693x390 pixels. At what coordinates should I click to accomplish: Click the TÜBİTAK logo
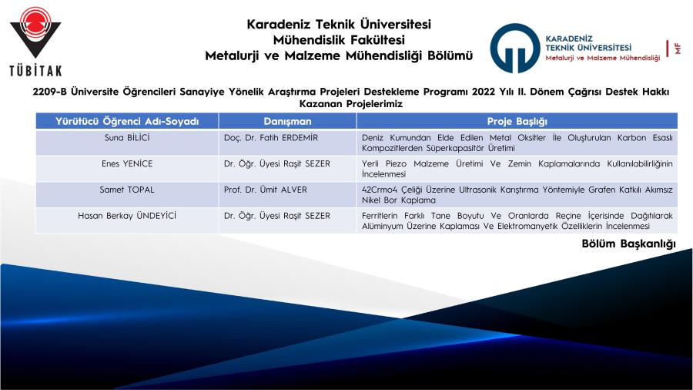35,41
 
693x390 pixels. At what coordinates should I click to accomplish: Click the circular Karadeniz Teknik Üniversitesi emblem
515,49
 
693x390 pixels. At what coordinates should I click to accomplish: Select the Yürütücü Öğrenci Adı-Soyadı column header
127,121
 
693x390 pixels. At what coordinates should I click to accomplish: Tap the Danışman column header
287,121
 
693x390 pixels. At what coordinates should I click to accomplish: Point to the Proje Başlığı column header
517,121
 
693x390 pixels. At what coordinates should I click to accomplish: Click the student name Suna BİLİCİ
127,137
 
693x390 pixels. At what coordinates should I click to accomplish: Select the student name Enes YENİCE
127,163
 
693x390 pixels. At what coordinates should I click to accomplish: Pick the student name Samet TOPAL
127,190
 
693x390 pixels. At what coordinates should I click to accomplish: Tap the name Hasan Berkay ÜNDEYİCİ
127,216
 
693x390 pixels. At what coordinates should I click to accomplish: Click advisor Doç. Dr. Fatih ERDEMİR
270,137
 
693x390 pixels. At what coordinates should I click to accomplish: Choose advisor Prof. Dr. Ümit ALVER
265,190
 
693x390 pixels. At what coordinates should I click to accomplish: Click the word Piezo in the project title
396,163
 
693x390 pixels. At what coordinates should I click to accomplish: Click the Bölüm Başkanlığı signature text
628,244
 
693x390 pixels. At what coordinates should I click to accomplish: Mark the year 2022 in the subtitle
483,92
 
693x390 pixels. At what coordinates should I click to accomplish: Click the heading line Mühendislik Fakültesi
339,40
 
